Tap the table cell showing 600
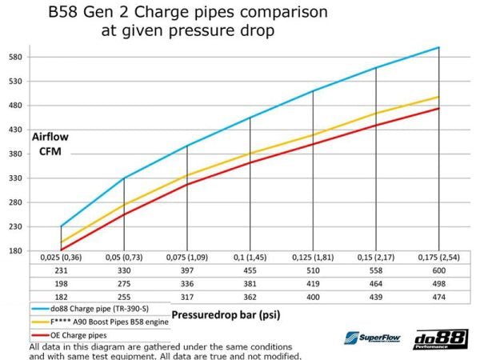pos(438,272)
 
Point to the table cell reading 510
pos(313,272)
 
